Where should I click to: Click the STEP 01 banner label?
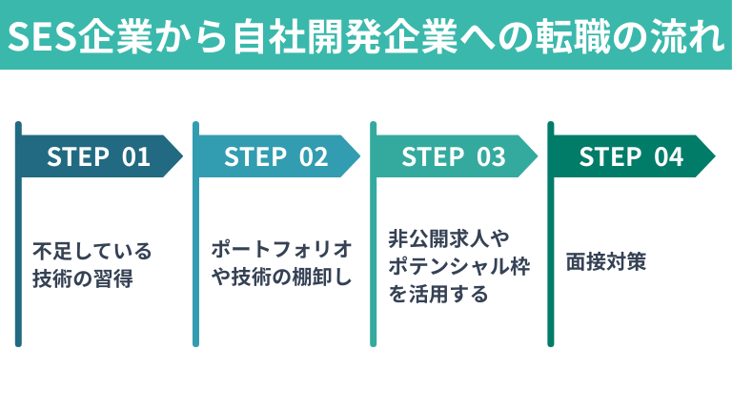pyautogui.click(x=98, y=157)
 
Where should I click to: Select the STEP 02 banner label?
pyautogui.click(x=275, y=157)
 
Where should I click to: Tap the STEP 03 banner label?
pyautogui.click(x=453, y=157)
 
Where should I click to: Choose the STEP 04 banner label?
pyautogui.click(x=631, y=157)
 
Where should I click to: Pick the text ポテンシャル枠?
pyautogui.click(x=459, y=266)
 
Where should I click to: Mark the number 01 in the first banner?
pyautogui.click(x=136, y=157)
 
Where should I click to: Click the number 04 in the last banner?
pyautogui.click(x=669, y=157)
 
